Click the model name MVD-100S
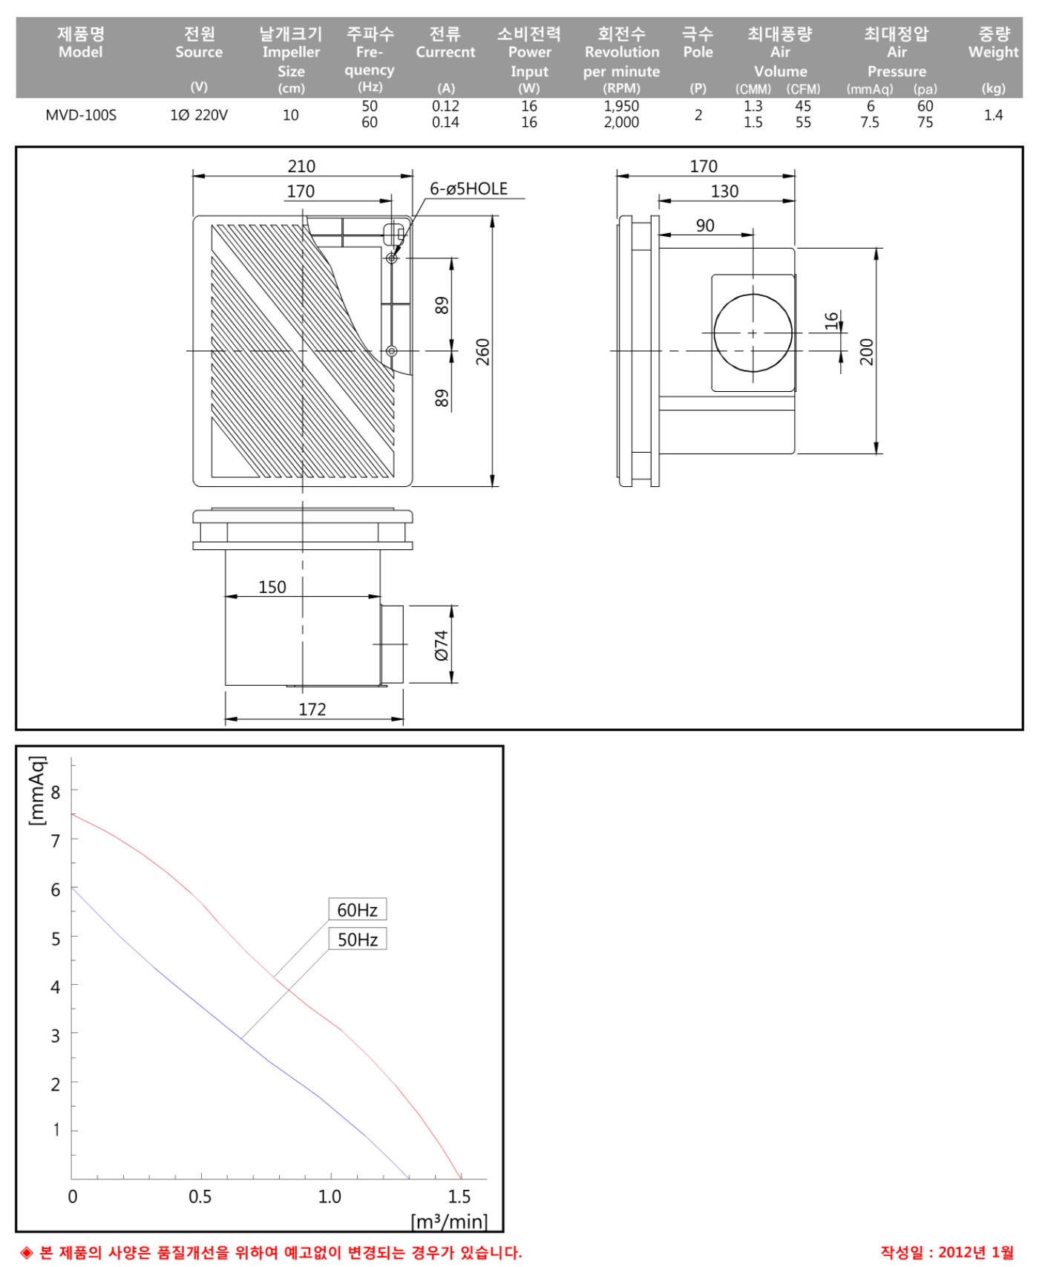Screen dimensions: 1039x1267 [x=81, y=115]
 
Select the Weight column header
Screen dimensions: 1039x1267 [x=993, y=42]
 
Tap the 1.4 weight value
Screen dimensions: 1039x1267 [x=994, y=115]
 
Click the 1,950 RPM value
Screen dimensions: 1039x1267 [x=621, y=106]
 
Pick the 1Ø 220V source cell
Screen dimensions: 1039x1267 [x=199, y=115]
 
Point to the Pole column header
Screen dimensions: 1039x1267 [x=698, y=42]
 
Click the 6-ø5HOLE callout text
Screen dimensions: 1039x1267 [x=469, y=189]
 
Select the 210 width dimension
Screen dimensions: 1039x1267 [x=301, y=166]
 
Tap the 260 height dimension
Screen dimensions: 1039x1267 [x=483, y=352]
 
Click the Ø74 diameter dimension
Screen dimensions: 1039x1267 [x=442, y=645]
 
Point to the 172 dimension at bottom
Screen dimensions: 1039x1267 [x=312, y=710]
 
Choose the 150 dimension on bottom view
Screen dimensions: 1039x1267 [x=272, y=587]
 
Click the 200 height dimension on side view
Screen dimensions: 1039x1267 [x=867, y=352]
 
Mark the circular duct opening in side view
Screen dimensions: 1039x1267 [x=714, y=333]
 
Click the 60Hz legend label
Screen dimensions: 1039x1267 [x=358, y=909]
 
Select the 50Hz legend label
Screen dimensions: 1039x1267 [x=358, y=939]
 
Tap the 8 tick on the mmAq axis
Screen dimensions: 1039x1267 [x=56, y=792]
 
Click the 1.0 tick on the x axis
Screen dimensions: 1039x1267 [x=330, y=1196]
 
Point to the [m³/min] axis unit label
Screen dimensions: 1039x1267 [x=449, y=1221]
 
